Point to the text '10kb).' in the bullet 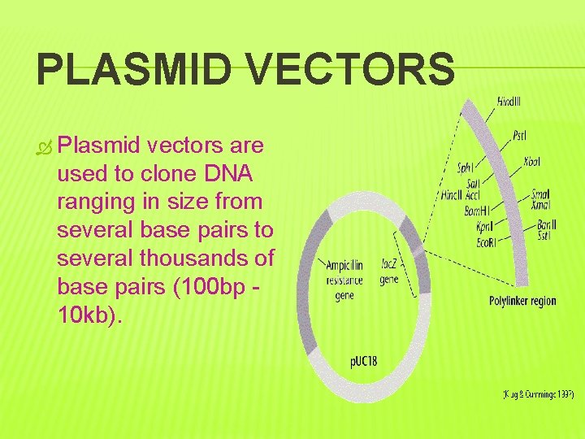(x=92, y=315)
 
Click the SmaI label (x=541, y=194)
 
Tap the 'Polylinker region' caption (x=522, y=301)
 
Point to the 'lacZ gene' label (x=389, y=272)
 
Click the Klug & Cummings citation (x=537, y=394)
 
